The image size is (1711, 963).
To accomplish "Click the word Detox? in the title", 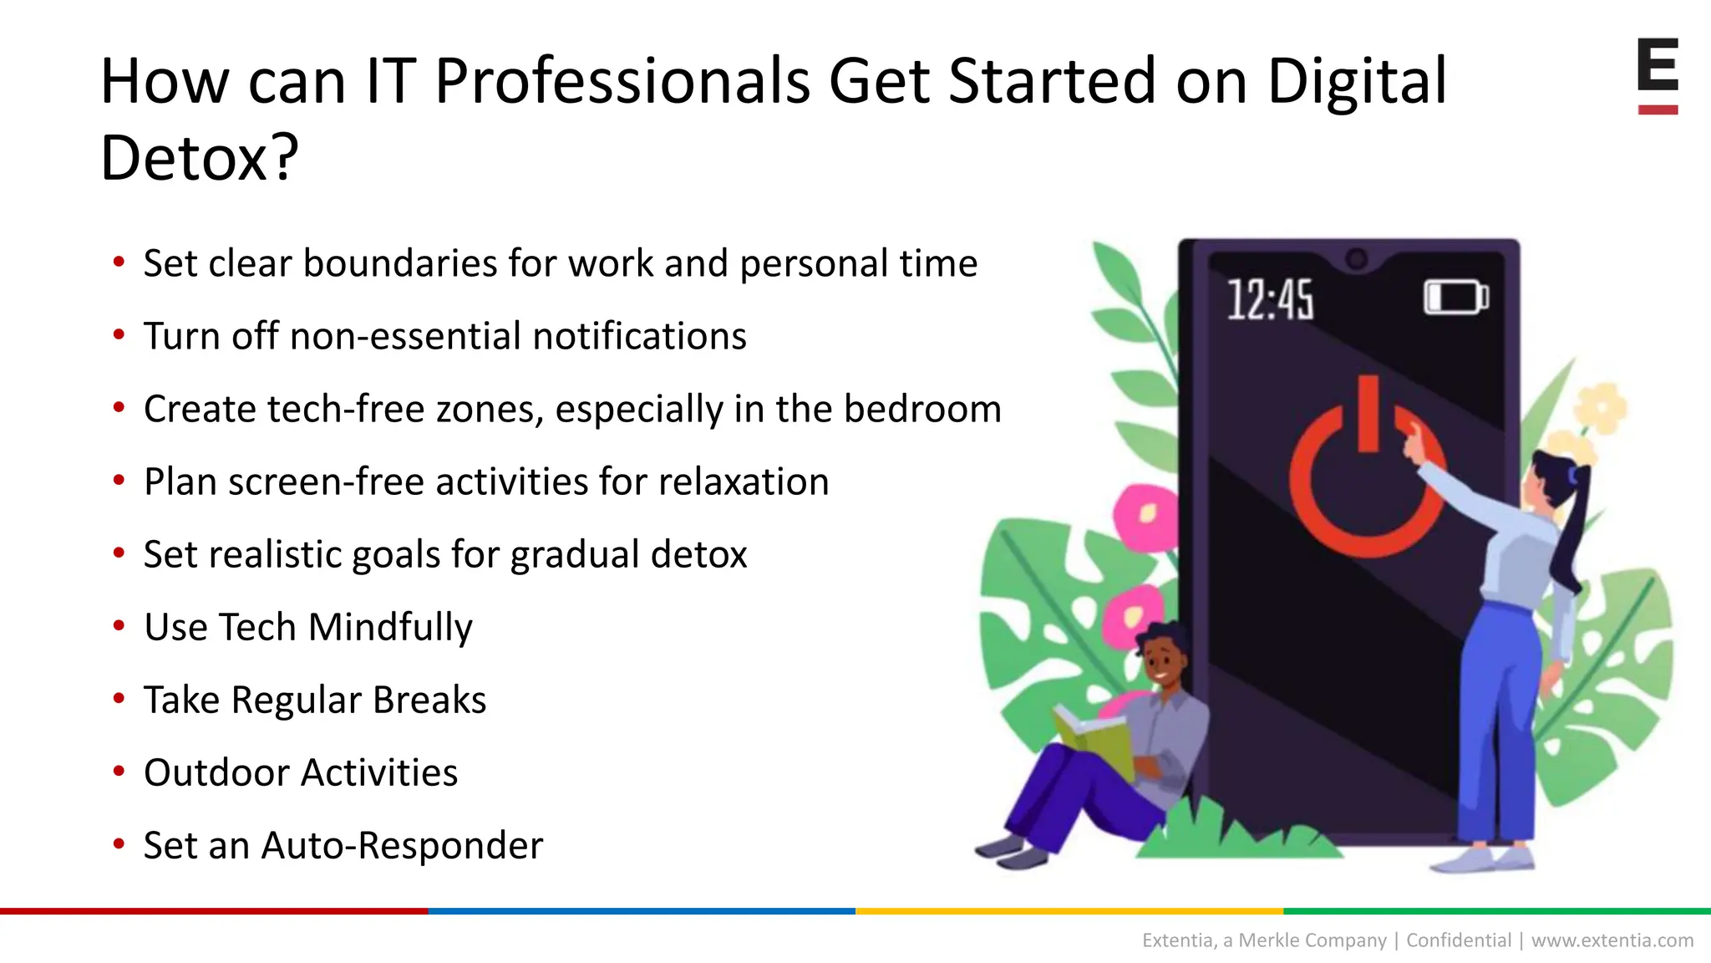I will [199, 157].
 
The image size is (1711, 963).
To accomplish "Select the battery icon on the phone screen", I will [1455, 298].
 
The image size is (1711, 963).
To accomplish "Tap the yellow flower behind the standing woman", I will [1601, 410].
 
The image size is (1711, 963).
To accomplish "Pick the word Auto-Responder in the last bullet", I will [402, 845].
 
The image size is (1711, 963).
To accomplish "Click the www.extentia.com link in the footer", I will [1612, 940].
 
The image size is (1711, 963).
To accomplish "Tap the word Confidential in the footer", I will [1459, 940].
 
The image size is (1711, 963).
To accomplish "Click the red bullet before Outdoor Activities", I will [119, 771].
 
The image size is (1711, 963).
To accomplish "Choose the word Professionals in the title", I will [622, 81].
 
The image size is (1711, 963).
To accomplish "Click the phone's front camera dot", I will [1357, 259].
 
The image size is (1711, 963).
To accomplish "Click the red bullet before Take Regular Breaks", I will [119, 698].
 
